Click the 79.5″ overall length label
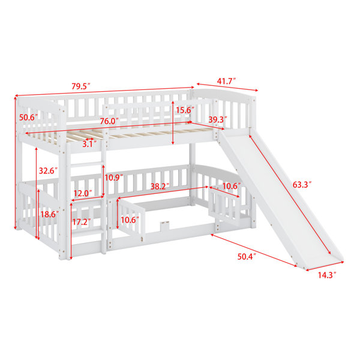(81, 86)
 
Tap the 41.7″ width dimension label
(227, 81)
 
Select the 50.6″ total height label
(28, 118)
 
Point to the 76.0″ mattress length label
(109, 121)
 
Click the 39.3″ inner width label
(218, 119)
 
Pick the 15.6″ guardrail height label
(185, 110)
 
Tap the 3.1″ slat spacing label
(89, 144)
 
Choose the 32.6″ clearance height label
(48, 170)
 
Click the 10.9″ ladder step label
(114, 178)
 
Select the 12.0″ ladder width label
(83, 193)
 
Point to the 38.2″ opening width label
(160, 187)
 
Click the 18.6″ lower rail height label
(50, 214)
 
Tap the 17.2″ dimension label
(82, 222)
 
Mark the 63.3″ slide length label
(302, 185)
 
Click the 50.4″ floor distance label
(247, 256)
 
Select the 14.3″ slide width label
(327, 275)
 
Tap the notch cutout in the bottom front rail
(164, 226)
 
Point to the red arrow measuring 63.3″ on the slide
(290, 194)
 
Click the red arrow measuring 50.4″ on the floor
(254, 250)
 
